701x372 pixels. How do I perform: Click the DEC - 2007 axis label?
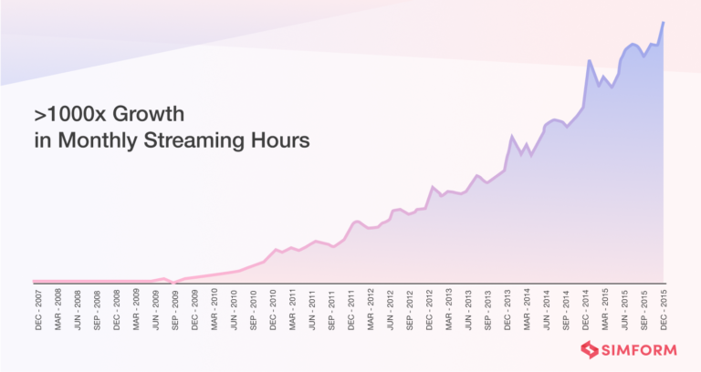[39, 310]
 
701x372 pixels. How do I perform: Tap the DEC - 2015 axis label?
[663, 310]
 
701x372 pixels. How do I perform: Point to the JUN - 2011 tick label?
[312, 310]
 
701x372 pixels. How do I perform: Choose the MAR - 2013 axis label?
[448, 310]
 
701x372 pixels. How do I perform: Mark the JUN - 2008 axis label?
[78, 310]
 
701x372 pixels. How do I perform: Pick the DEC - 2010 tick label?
[273, 310]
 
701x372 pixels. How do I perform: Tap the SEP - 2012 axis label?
[410, 310]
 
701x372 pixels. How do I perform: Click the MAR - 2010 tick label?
[214, 310]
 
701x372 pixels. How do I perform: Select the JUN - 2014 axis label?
[546, 310]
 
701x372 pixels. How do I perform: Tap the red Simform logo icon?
[590, 350]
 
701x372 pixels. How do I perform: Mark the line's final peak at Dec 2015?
[663, 22]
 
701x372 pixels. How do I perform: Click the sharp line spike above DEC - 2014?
[590, 60]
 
